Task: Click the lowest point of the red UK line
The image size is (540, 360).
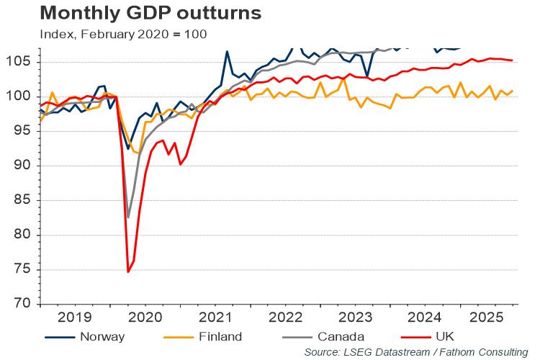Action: tap(128, 271)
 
